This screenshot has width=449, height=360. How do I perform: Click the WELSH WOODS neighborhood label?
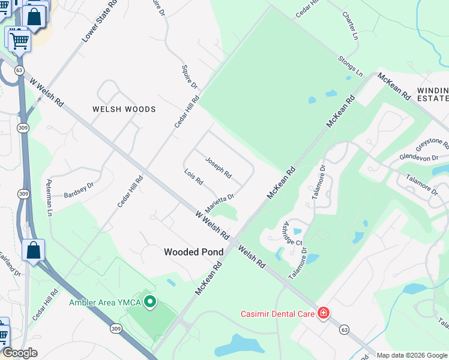pos(124,109)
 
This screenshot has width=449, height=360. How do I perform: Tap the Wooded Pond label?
pos(193,253)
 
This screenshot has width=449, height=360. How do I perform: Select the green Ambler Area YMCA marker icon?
pos(151,302)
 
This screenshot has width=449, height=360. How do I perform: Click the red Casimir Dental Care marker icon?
pos(323,313)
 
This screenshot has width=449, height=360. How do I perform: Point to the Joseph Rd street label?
pos(218,167)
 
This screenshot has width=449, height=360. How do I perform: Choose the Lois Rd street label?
pos(194,176)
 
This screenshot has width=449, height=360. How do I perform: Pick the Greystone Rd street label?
pos(432,145)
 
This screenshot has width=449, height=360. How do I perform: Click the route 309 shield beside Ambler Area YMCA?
pos(116,328)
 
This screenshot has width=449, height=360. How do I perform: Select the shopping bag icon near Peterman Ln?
pos(34,250)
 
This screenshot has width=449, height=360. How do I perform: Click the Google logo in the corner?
pos(20,353)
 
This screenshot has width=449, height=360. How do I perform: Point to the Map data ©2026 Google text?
pos(412,355)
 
